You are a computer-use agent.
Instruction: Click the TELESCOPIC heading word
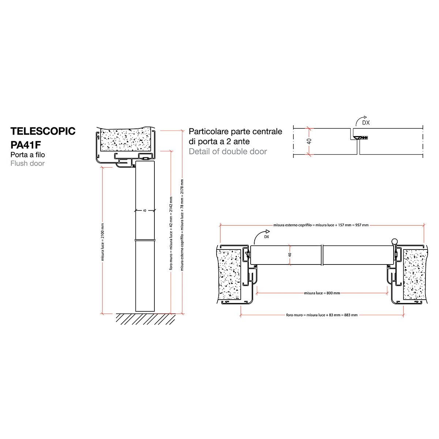(43, 131)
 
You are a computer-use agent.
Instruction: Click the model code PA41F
(26, 145)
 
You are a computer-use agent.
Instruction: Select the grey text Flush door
(27, 163)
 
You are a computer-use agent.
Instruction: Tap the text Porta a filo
(27, 155)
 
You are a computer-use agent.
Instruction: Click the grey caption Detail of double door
(228, 151)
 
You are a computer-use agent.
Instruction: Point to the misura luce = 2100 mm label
(102, 242)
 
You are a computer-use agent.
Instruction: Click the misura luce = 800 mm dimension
(322, 293)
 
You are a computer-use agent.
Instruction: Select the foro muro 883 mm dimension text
(322, 315)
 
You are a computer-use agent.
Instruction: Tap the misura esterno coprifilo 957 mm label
(321, 225)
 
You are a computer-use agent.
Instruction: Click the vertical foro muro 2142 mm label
(171, 233)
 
